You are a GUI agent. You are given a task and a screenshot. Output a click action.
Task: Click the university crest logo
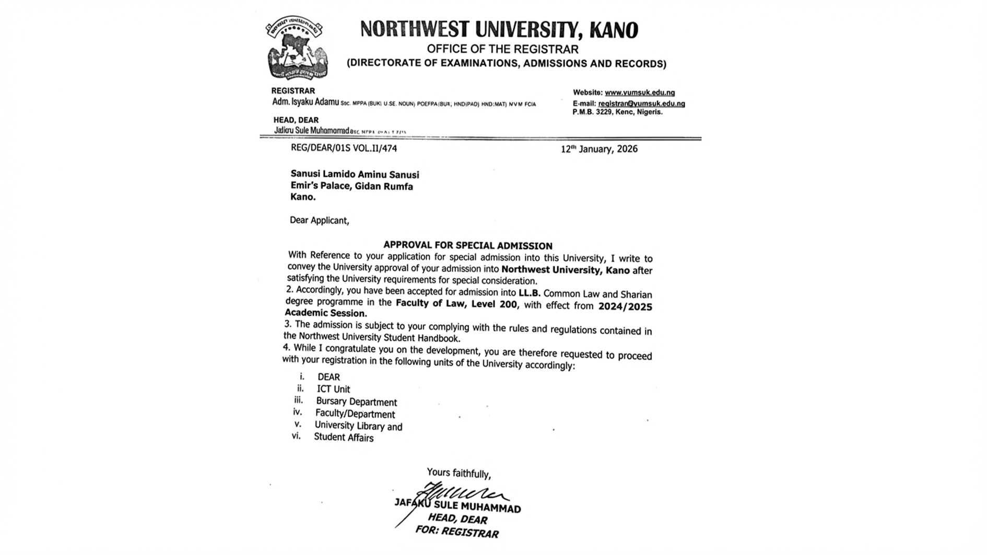point(297,48)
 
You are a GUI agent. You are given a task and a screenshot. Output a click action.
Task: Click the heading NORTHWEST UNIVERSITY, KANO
point(499,30)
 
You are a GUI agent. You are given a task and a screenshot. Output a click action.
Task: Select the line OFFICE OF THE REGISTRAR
point(502,50)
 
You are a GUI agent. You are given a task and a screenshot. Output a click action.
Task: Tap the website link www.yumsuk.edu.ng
point(639,92)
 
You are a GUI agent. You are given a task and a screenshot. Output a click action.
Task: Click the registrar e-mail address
point(641,103)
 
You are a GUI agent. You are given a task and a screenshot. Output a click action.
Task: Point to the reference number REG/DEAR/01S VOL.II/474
point(344,148)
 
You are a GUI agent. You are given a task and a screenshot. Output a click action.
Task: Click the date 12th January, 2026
point(599,149)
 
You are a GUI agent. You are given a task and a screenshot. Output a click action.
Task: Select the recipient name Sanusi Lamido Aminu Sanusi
point(355,174)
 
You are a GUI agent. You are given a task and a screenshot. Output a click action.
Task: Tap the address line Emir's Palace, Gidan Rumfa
point(351,186)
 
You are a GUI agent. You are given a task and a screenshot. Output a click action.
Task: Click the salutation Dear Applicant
point(319,220)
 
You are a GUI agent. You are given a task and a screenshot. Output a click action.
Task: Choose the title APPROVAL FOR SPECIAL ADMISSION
point(467,245)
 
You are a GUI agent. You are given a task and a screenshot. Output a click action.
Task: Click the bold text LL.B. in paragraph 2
point(529,293)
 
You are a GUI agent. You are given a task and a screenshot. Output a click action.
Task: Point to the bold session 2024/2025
point(625,306)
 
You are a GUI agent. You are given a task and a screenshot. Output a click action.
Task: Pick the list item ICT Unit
point(333,389)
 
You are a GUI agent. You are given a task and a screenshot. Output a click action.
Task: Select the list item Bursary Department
point(356,402)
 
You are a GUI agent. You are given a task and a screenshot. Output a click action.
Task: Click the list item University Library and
point(358,426)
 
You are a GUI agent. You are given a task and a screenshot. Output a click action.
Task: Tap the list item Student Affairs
point(344,438)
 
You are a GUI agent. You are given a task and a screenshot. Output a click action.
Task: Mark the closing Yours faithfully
point(459,473)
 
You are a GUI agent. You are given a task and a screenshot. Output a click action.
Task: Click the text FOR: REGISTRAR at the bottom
point(457,532)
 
